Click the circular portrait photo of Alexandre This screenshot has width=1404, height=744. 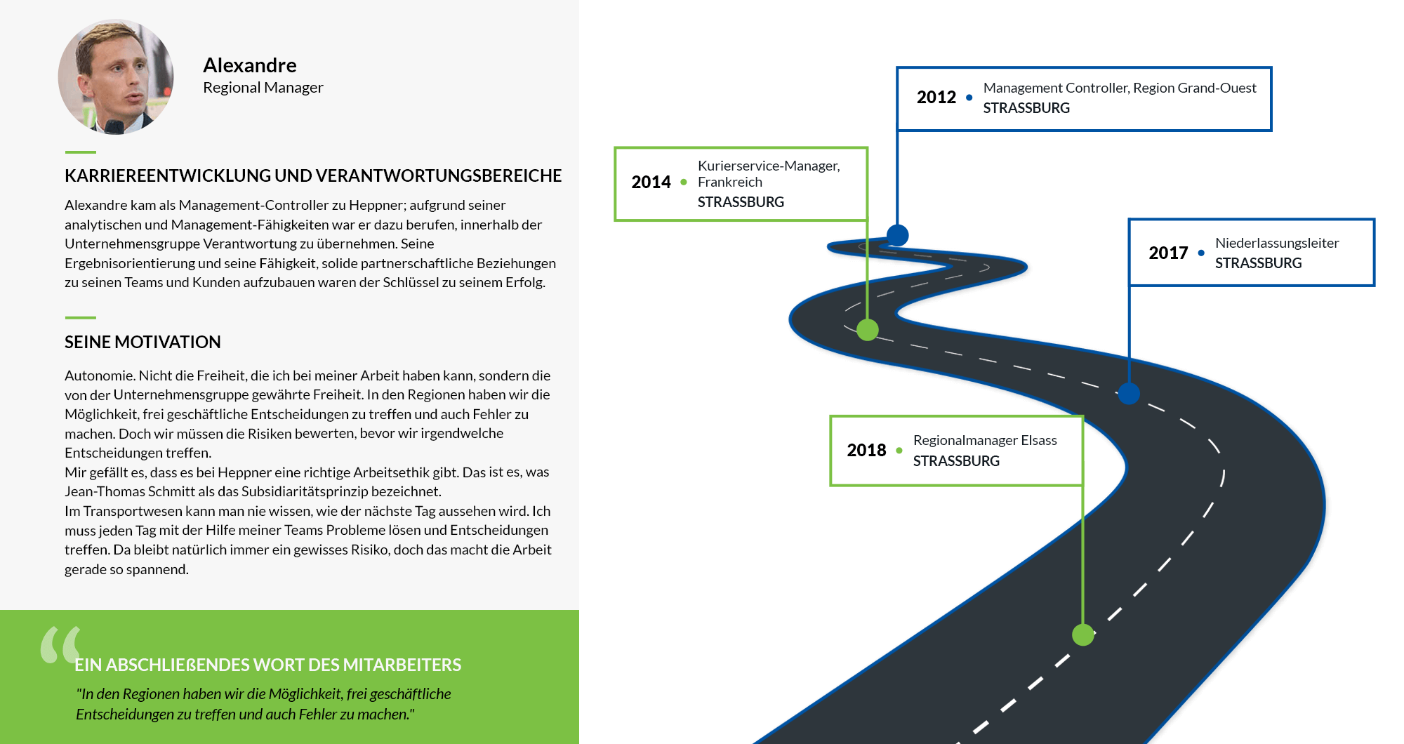(x=116, y=77)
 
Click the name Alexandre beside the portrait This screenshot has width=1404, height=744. (x=250, y=65)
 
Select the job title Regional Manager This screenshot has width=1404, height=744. (x=263, y=88)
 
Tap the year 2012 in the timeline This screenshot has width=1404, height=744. (x=936, y=97)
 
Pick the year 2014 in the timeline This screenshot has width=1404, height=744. (x=651, y=182)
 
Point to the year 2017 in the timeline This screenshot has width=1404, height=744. (x=1168, y=253)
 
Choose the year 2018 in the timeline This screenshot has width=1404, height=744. (x=866, y=450)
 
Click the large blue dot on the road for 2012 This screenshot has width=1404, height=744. (x=897, y=235)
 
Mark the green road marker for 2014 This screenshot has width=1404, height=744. (x=868, y=329)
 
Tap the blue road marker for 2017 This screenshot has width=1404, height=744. (x=1129, y=393)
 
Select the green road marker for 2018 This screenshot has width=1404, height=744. (x=1083, y=635)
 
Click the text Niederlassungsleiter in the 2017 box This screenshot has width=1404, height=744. (x=1277, y=243)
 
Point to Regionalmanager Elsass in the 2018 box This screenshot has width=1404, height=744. (x=985, y=440)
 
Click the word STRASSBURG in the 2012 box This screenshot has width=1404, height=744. (x=1026, y=108)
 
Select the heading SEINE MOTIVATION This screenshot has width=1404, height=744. (x=143, y=342)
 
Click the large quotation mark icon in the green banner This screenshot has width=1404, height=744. (x=61, y=644)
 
